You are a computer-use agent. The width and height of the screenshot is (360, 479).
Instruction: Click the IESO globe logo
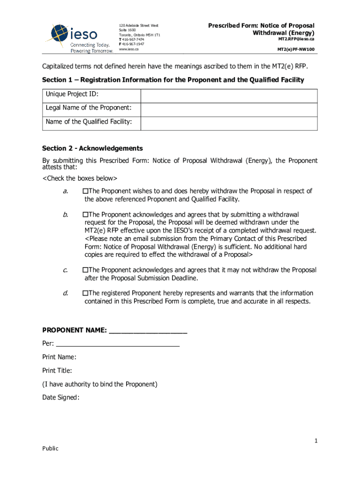click(60, 34)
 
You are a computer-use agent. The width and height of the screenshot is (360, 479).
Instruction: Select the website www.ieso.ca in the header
click(129, 49)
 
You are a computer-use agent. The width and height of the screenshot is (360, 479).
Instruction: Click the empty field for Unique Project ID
click(229, 96)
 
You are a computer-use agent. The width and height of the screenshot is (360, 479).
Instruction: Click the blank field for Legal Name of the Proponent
click(229, 109)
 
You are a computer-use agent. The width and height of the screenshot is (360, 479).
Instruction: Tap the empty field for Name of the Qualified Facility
click(229, 123)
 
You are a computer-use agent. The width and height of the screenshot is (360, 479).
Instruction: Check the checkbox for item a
click(86, 191)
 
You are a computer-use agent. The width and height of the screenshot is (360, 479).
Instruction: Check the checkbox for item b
click(86, 214)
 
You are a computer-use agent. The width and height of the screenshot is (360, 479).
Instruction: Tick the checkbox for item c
click(86, 270)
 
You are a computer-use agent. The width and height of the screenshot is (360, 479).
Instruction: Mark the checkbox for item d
click(86, 293)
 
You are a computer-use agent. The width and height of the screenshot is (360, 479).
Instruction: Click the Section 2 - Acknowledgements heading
click(92, 148)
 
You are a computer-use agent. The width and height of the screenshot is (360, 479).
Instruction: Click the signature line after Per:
click(117, 344)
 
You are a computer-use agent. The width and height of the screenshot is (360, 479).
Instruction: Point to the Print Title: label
click(57, 371)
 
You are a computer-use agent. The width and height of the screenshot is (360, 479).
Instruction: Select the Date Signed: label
click(61, 398)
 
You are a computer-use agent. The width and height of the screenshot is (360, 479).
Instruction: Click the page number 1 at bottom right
click(316, 441)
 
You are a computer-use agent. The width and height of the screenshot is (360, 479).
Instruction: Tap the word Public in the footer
click(50, 449)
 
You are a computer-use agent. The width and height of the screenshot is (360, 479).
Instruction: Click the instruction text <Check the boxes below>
click(79, 179)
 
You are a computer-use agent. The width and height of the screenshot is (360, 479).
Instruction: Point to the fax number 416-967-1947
click(133, 44)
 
